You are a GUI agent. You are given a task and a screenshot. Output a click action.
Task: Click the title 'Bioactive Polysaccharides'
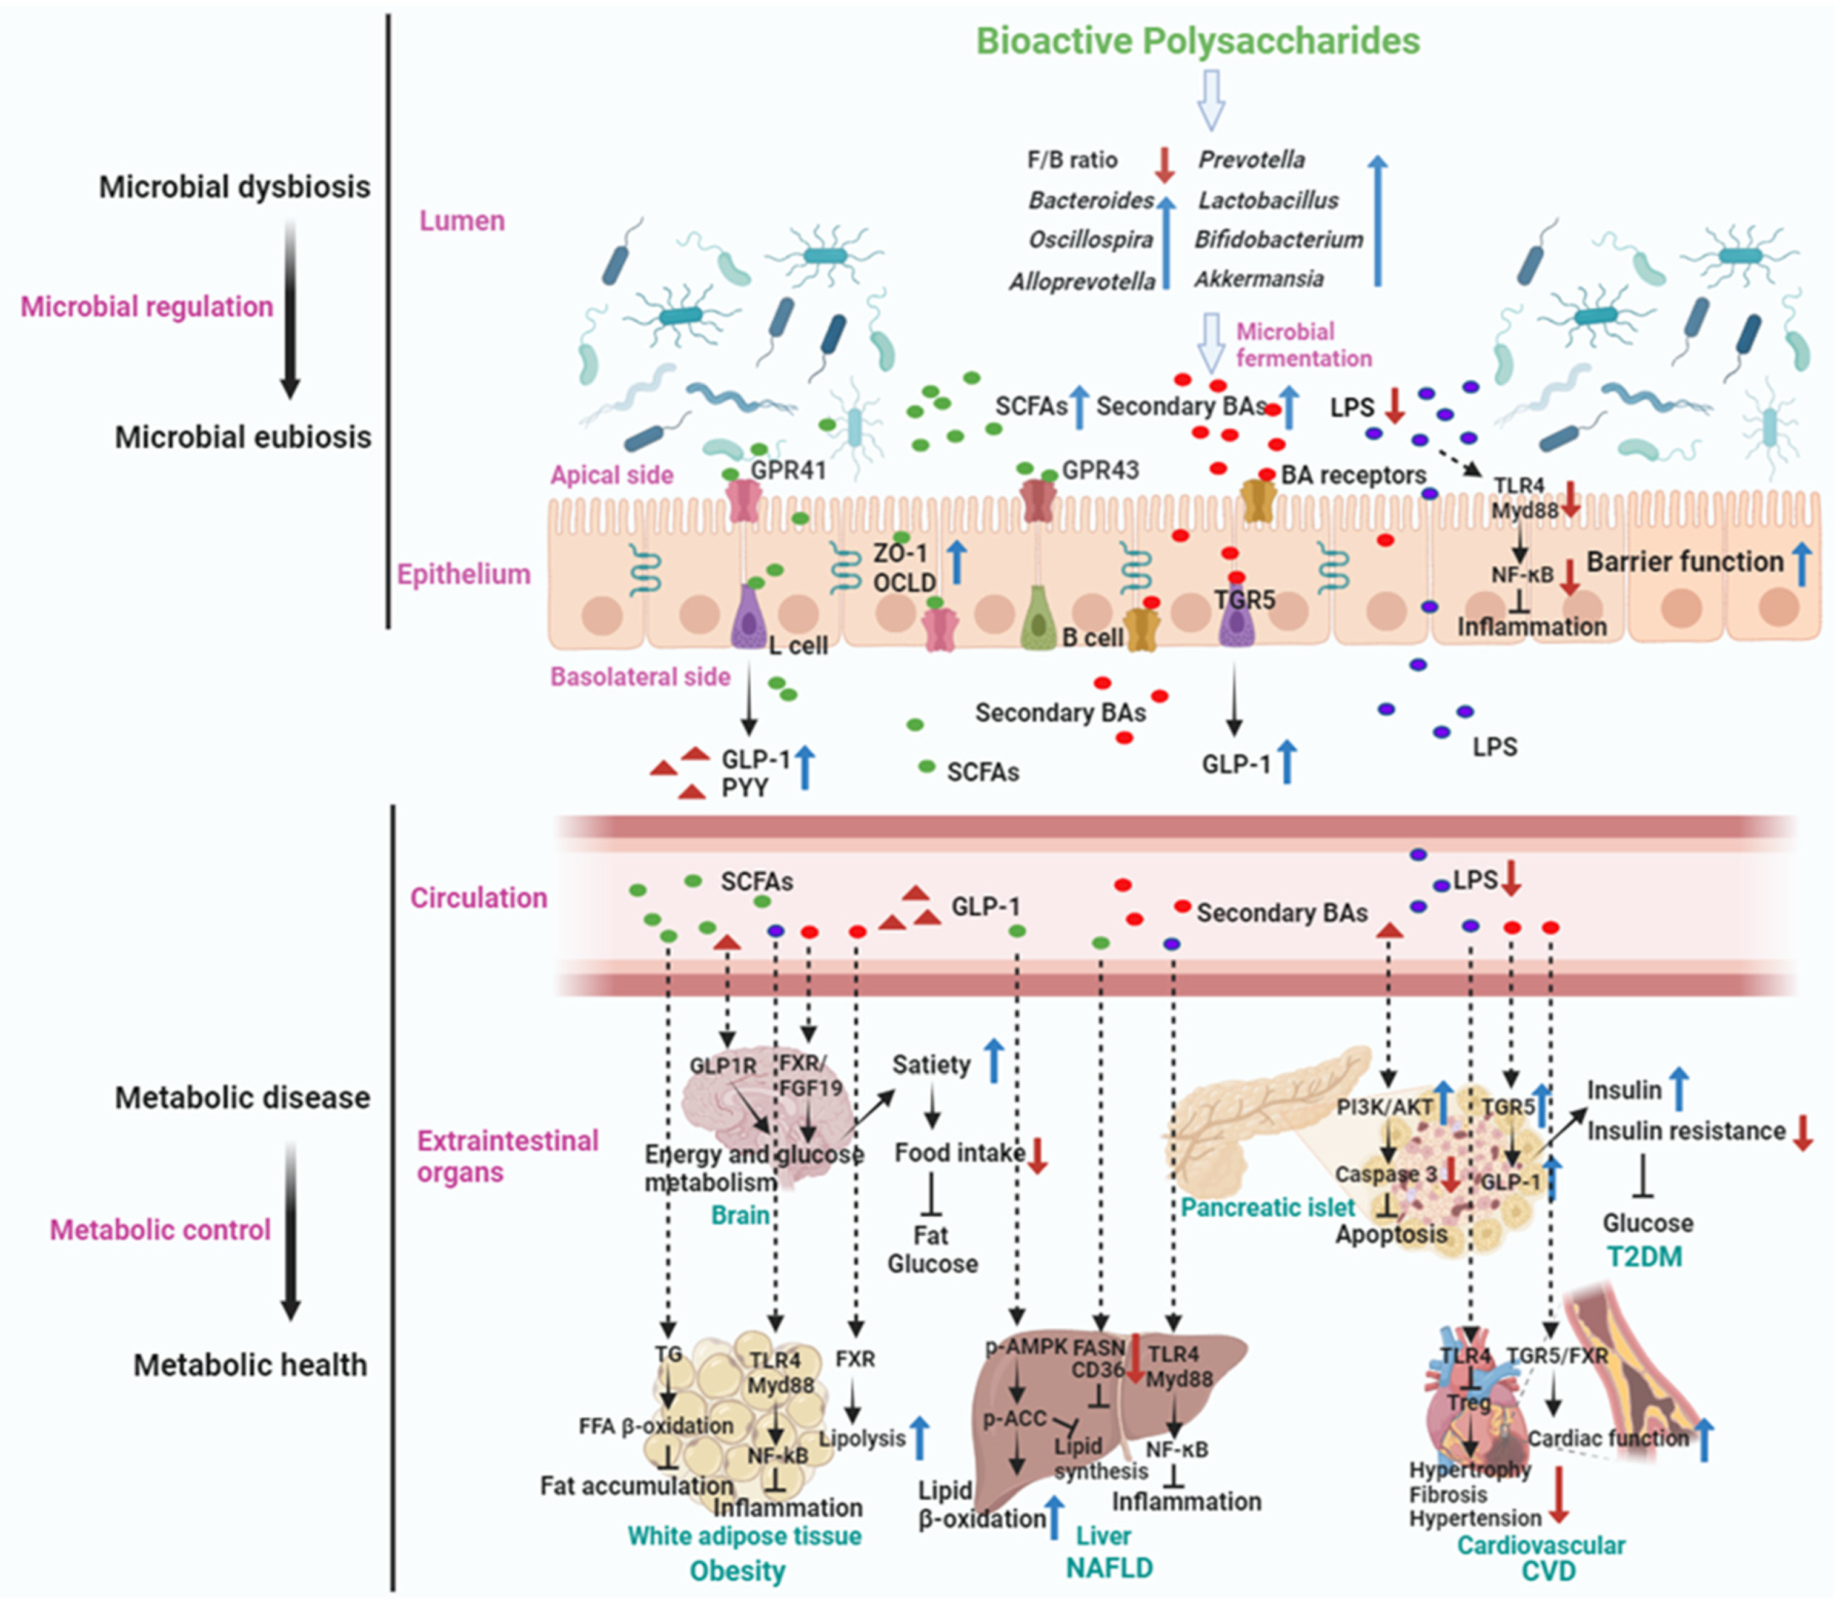pyautogui.click(x=1197, y=41)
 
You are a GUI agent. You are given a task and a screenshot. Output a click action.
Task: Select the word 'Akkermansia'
pyautogui.click(x=1259, y=279)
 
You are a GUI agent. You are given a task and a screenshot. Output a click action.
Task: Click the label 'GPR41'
pyautogui.click(x=788, y=470)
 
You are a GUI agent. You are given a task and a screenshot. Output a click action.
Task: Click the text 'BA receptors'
pyautogui.click(x=1353, y=475)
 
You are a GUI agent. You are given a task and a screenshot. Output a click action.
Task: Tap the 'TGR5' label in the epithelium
pyautogui.click(x=1244, y=600)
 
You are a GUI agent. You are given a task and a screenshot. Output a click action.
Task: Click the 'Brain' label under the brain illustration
pyautogui.click(x=740, y=1215)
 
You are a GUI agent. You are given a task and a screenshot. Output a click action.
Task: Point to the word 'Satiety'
pyautogui.click(x=931, y=1065)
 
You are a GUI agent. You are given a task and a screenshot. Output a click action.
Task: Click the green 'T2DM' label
pyautogui.click(x=1644, y=1257)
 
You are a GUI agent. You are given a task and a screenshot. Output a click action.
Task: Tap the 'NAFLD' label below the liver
pyautogui.click(x=1109, y=1567)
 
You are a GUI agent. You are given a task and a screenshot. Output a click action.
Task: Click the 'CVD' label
pyautogui.click(x=1548, y=1571)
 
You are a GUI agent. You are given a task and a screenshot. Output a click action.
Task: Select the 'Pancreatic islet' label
pyautogui.click(x=1267, y=1208)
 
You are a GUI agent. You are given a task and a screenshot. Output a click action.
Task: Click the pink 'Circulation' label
pyautogui.click(x=479, y=898)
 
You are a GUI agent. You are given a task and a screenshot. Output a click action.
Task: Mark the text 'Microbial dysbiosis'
pyautogui.click(x=234, y=187)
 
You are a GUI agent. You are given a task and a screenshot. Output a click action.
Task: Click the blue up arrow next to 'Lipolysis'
pyautogui.click(x=919, y=1438)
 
